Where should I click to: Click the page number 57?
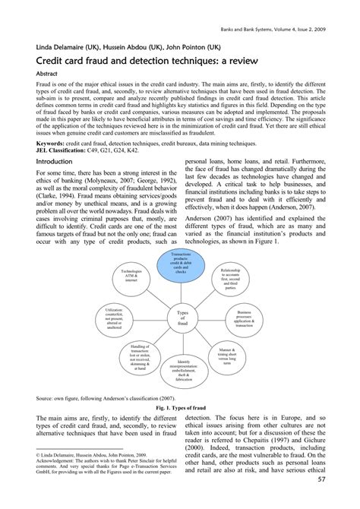point(343,500)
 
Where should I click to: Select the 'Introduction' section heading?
point(54,183)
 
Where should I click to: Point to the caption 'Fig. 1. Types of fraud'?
point(180,406)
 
